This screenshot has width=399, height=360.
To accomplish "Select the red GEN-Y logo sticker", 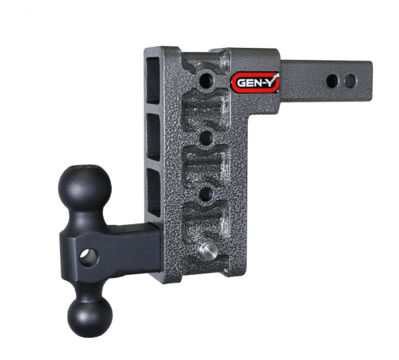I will click(x=255, y=83).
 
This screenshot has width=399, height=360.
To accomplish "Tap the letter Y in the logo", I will click(x=272, y=82).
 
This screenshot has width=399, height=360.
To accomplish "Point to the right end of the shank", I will click(x=368, y=81).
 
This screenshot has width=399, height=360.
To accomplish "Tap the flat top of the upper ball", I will click(x=82, y=166).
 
